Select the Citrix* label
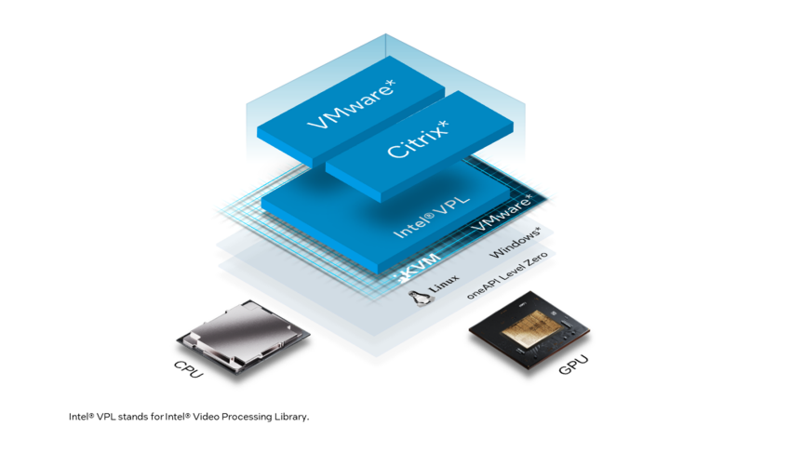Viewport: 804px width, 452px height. point(418,140)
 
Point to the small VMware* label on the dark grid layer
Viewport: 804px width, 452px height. point(502,213)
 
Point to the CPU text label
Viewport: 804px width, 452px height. point(189,368)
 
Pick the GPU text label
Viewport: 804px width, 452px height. point(572,364)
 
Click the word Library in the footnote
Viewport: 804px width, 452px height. point(293,417)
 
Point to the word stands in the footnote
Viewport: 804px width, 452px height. point(131,417)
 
